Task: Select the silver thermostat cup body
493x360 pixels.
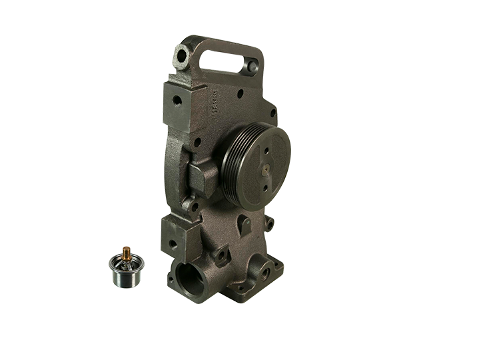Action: (123, 271)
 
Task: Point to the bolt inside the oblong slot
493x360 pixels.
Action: (251, 68)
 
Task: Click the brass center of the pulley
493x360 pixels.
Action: (264, 169)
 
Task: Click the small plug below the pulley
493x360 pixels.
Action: (242, 221)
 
